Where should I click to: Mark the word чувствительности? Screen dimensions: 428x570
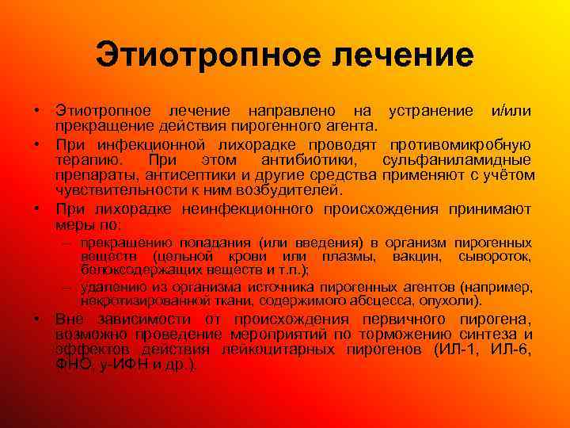pos(115,190)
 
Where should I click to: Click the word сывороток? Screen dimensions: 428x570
pos(495,257)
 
